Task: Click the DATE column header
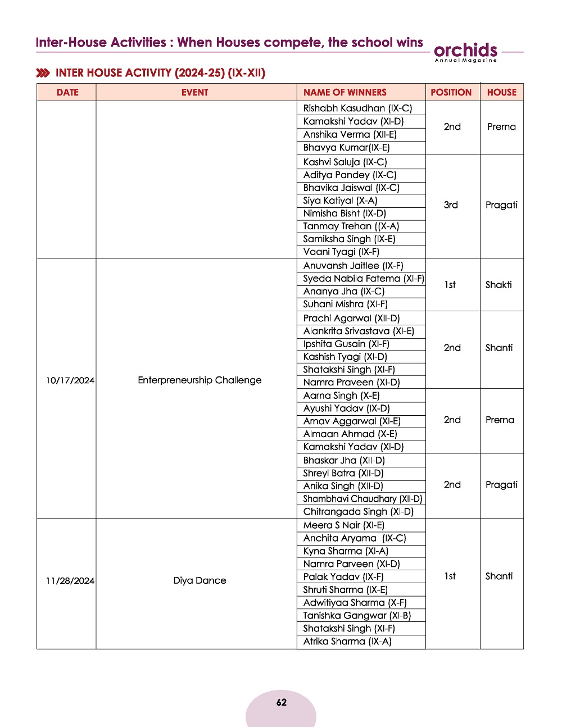click(67, 93)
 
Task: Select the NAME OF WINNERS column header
click(345, 93)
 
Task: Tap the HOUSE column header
click(501, 93)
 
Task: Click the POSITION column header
click(451, 93)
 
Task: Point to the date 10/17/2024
click(70, 380)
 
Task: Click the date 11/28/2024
click(70, 581)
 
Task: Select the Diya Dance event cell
click(200, 581)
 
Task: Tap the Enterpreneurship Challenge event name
click(200, 380)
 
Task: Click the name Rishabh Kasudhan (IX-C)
click(357, 108)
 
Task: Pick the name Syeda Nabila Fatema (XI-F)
click(363, 279)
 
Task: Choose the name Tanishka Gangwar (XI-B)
click(357, 616)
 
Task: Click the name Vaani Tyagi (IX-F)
click(341, 252)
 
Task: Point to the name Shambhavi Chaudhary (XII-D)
click(362, 499)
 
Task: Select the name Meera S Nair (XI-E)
click(343, 525)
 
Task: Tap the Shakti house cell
click(498, 285)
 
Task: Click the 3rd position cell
click(451, 205)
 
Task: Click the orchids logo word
click(465, 50)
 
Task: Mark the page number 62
click(281, 702)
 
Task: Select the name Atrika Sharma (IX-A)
click(347, 642)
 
